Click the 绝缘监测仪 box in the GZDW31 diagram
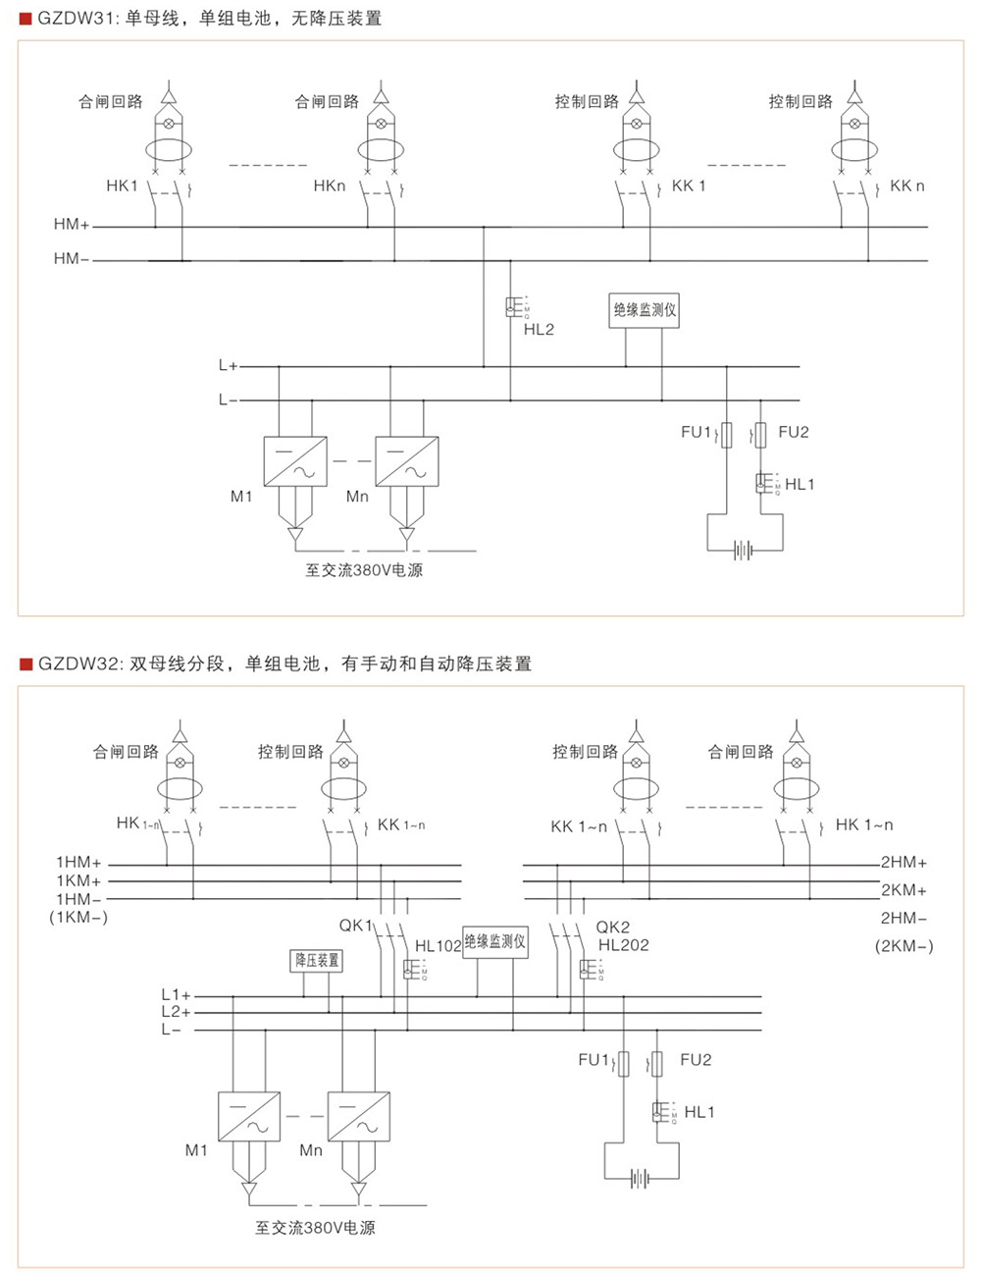[645, 310]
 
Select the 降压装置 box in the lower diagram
[317, 960]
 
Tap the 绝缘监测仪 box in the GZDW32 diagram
[495, 942]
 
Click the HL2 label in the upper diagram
[539, 330]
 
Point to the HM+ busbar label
[72, 225]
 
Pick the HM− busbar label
[72, 259]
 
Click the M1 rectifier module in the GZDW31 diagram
[295, 460]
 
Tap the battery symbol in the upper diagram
[745, 551]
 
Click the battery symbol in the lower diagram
[640, 1178]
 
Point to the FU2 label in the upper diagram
[793, 432]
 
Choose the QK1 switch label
[355, 926]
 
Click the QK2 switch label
[613, 927]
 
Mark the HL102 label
[438, 946]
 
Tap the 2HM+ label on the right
[904, 863]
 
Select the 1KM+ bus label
[78, 881]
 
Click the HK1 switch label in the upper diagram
[123, 186]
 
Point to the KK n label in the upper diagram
[906, 186]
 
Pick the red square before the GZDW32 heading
[26, 664]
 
